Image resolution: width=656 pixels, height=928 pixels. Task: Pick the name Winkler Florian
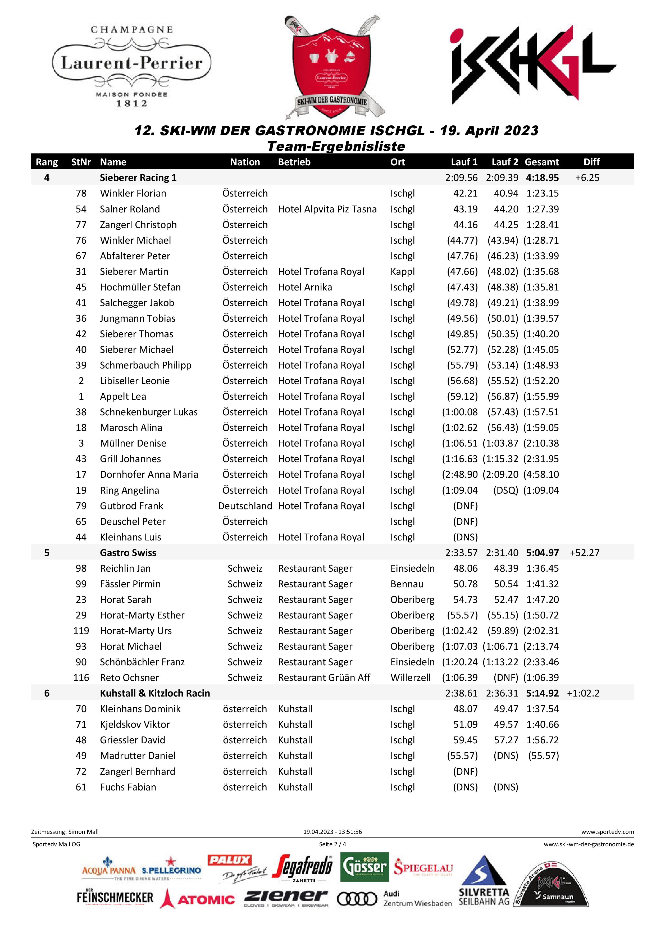pyautogui.click(x=133, y=193)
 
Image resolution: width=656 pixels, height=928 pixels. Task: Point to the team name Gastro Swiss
pyautogui.click(x=128, y=553)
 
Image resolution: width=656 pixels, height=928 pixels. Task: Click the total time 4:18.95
pyautogui.click(x=542, y=178)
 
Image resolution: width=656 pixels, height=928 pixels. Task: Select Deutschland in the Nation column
pyautogui.click(x=245, y=506)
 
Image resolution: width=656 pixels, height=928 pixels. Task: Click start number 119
pyautogui.click(x=81, y=630)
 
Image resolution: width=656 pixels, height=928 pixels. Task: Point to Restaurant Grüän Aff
pyautogui.click(x=324, y=677)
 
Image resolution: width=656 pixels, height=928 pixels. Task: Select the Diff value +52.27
pyautogui.click(x=584, y=553)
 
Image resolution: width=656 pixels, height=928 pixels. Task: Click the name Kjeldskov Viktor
pyautogui.click(x=135, y=724)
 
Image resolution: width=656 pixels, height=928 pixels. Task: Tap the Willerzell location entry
pyautogui.click(x=410, y=677)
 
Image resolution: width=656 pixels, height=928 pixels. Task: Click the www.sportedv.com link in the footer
pyautogui.click(x=608, y=832)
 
